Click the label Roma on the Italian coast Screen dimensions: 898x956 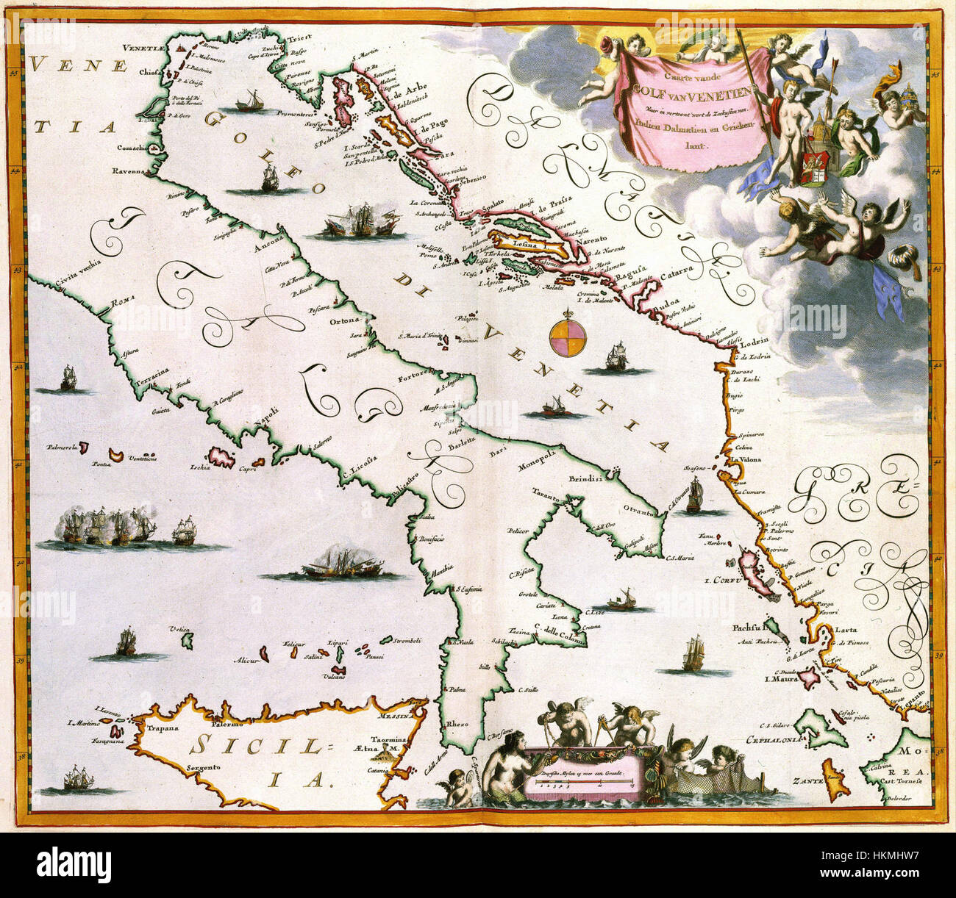(119, 303)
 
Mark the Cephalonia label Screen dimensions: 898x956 (777, 740)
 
